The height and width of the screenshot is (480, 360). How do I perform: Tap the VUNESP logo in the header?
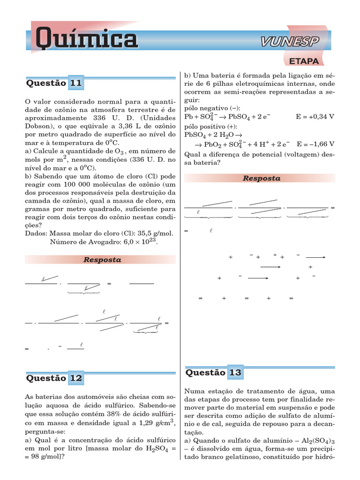pos(289,42)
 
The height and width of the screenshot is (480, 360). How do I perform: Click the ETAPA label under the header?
pos(304,61)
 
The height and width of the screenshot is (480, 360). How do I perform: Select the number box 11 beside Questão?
pos(76,83)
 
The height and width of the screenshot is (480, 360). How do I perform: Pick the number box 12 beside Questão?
pos(76,378)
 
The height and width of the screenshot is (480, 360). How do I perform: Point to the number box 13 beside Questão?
pos(235,373)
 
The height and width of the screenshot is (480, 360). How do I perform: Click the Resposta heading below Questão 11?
pos(102,260)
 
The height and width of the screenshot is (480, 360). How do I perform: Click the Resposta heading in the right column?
pos(261,178)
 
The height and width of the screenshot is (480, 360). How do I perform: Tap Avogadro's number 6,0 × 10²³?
pos(133,242)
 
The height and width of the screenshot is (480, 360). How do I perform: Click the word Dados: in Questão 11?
pos(36,233)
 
